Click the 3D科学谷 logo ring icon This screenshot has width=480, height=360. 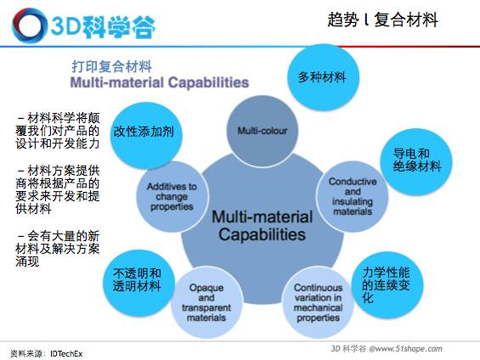(27, 26)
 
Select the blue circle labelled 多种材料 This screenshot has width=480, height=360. (322, 76)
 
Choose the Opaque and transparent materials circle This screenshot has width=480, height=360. (206, 303)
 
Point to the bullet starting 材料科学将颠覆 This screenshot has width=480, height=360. (57, 131)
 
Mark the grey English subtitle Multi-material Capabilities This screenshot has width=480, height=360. (160, 84)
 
